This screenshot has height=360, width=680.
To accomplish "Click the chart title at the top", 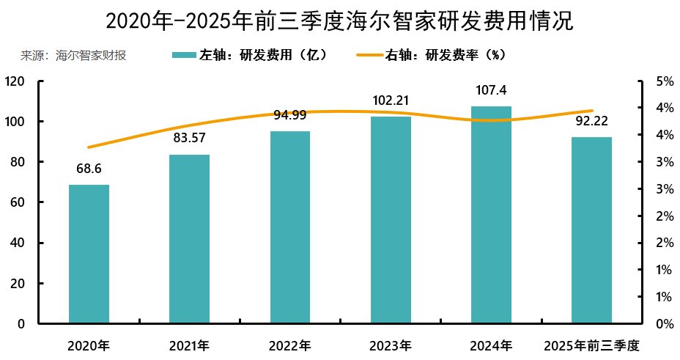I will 339,20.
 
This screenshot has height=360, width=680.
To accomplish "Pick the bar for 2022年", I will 290,227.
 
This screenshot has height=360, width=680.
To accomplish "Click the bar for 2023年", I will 391,220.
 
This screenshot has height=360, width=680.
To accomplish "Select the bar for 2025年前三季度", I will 591,230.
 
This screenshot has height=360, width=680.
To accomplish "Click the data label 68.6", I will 89,169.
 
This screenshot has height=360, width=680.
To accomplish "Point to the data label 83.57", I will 189,139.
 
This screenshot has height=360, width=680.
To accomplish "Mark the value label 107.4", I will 491,91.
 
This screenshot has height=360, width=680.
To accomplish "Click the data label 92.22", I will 591,122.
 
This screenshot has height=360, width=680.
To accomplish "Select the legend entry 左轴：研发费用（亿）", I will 249,56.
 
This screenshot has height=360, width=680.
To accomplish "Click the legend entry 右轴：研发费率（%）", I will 432,56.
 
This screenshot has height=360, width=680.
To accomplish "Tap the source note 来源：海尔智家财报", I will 73,56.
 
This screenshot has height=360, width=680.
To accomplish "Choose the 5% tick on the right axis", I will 664,81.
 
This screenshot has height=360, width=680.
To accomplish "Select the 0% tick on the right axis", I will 664,324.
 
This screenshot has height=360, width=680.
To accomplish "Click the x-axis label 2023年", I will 391,345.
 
